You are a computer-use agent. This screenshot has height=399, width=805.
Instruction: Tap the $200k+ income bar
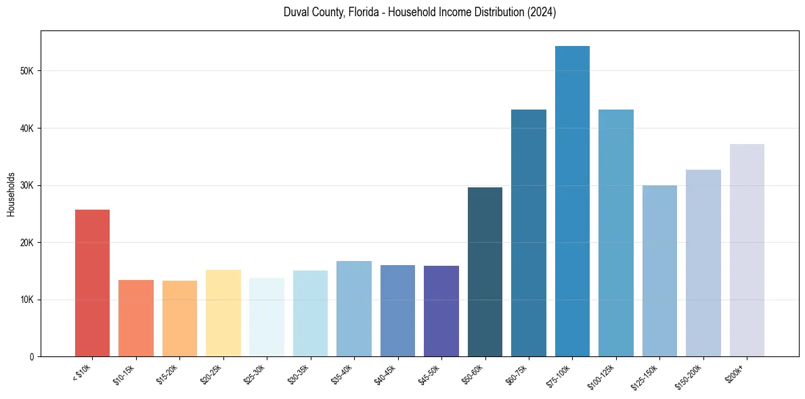pos(747,250)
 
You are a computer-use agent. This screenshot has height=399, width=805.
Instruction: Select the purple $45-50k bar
pos(441,311)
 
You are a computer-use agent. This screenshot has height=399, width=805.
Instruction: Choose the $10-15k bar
pos(135,318)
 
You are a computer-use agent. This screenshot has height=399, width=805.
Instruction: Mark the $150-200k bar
pos(703,263)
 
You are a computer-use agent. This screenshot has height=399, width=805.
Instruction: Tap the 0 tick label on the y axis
pos(32,357)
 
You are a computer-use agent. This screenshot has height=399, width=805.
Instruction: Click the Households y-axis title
pos(11,193)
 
